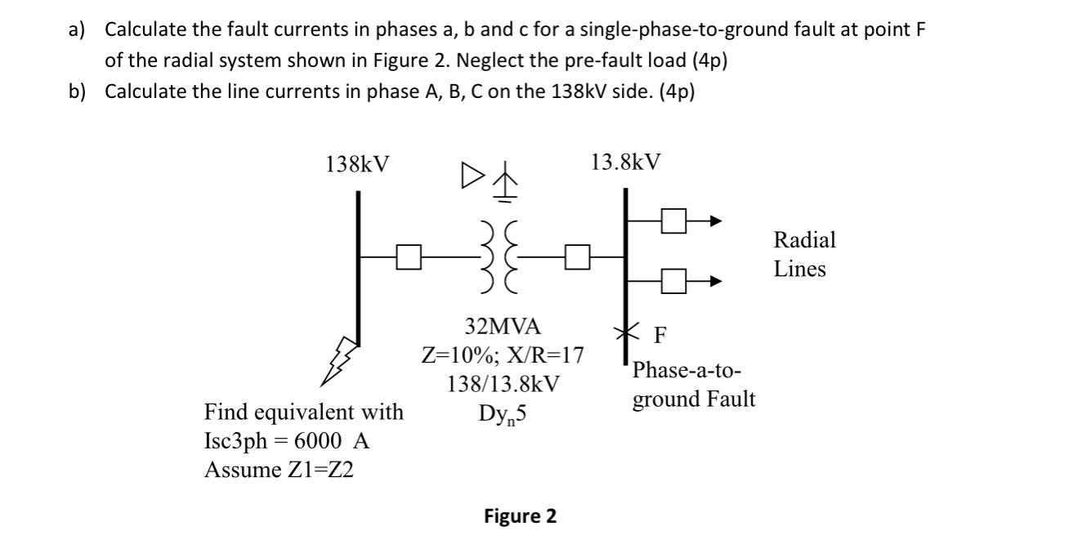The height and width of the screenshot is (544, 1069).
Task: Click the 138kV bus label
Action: (x=357, y=164)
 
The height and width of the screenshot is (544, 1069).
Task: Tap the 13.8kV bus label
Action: (x=625, y=162)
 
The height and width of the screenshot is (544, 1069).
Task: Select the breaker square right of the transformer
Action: (x=577, y=260)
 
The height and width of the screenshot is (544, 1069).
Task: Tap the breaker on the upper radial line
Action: (x=673, y=221)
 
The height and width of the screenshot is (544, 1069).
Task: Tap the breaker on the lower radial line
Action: (x=673, y=282)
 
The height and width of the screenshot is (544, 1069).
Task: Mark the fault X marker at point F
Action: (x=626, y=332)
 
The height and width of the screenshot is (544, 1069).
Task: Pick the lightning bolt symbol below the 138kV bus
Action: (x=338, y=359)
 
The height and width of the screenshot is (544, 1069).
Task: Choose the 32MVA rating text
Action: (x=503, y=327)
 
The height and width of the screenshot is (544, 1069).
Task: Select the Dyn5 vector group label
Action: (x=503, y=414)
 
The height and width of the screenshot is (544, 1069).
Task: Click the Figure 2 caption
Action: (x=520, y=516)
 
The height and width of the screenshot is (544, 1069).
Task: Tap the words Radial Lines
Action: (x=804, y=254)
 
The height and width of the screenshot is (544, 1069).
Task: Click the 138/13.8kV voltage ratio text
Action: (x=503, y=384)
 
